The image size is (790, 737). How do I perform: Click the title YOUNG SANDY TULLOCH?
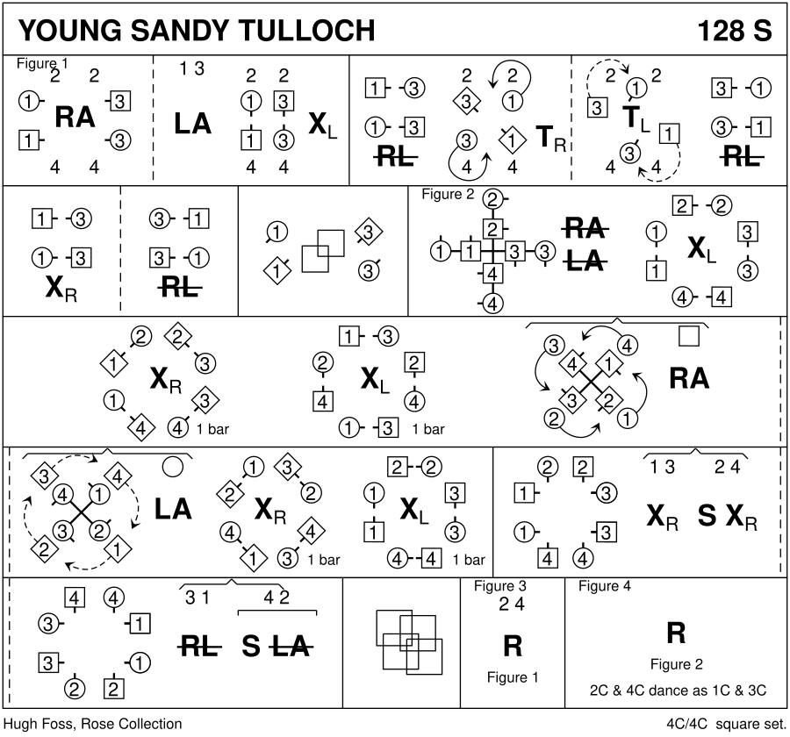point(197,31)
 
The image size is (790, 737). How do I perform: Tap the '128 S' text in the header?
point(734,31)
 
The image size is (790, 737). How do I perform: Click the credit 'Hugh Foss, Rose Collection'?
point(92,724)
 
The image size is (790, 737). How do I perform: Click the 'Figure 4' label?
point(605,586)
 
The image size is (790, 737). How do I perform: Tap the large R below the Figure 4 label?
point(676,633)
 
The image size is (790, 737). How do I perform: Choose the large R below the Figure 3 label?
point(513,647)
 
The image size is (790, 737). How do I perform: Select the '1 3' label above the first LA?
point(192,70)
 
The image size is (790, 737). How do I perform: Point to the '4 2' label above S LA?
point(277,598)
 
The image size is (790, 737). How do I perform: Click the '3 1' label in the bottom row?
point(197,598)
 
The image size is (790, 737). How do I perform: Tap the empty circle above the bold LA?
point(173,465)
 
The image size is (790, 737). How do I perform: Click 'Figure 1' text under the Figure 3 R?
point(513,677)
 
